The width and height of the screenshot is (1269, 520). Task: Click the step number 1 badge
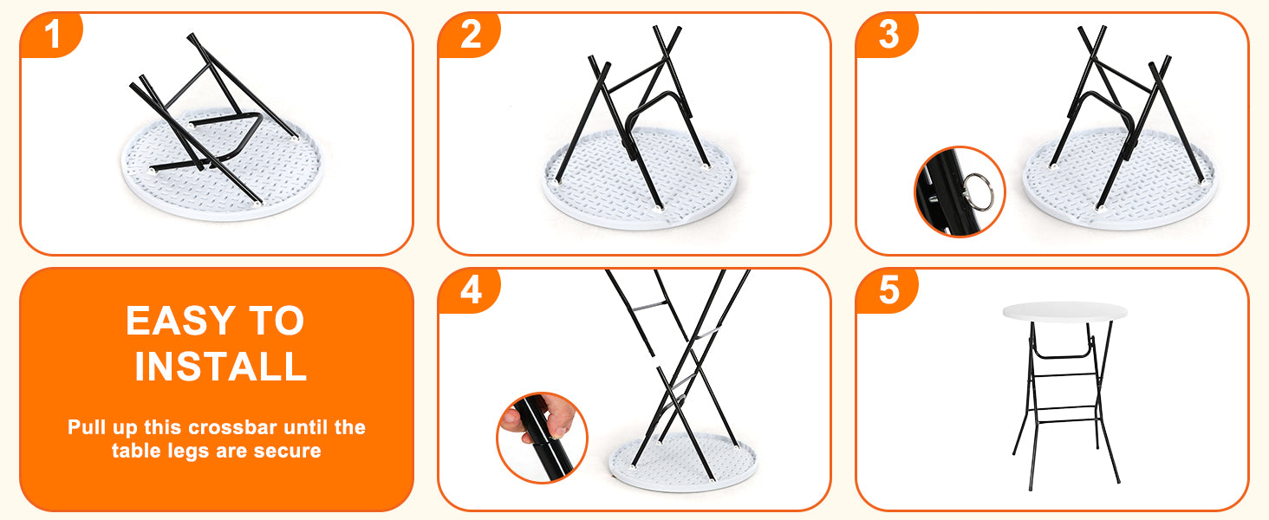[x=51, y=35]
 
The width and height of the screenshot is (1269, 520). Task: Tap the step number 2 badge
[x=470, y=35]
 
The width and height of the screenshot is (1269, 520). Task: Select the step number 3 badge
[x=888, y=35]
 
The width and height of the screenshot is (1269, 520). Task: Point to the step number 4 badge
[x=470, y=290]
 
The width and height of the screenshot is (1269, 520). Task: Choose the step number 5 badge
[x=888, y=290]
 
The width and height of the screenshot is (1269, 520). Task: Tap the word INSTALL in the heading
[x=221, y=366]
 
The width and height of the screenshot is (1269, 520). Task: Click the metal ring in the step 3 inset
[x=979, y=191]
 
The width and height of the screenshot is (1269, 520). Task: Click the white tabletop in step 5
[x=1064, y=312]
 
